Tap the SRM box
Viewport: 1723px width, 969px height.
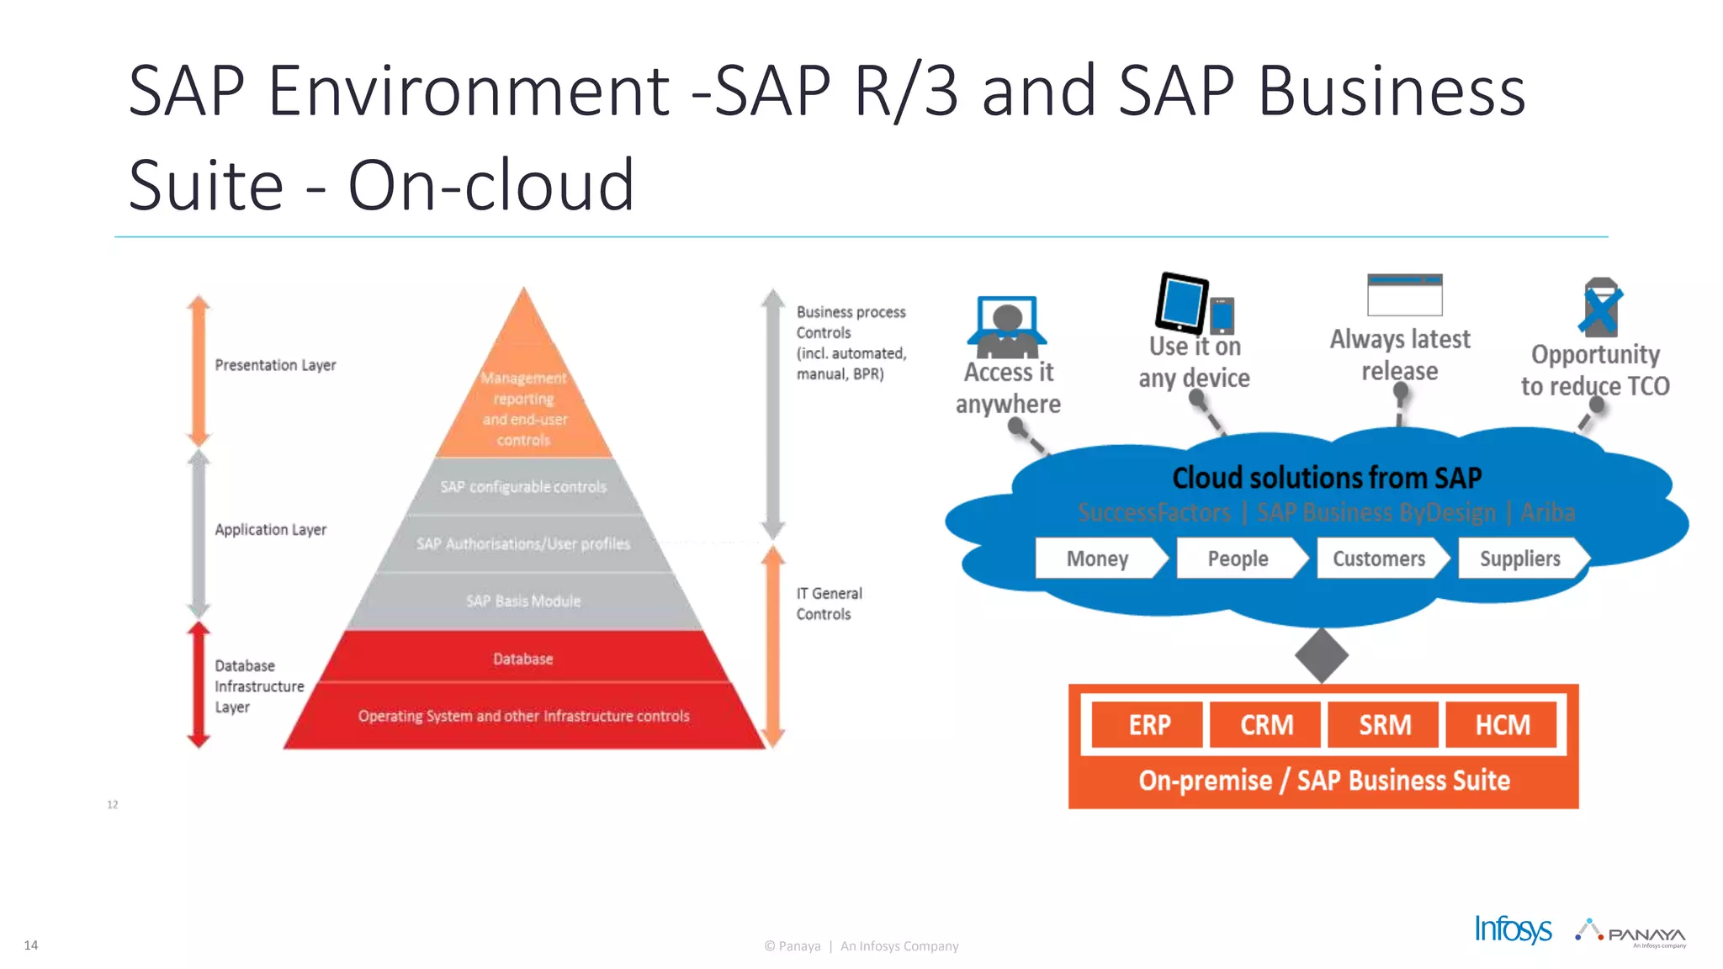pyautogui.click(x=1384, y=724)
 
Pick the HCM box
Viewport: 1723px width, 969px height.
pyautogui.click(x=1502, y=724)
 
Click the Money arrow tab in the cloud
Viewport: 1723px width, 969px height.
pyautogui.click(x=1097, y=559)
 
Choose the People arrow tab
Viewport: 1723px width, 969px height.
pyautogui.click(x=1238, y=559)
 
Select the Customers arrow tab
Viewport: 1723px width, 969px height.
pyautogui.click(x=1379, y=559)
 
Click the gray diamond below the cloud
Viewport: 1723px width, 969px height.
pyautogui.click(x=1322, y=655)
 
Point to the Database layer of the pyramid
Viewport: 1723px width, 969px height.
pyautogui.click(x=523, y=659)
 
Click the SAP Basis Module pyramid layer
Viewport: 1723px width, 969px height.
pyautogui.click(x=523, y=601)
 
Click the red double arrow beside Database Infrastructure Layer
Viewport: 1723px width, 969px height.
pyautogui.click(x=199, y=685)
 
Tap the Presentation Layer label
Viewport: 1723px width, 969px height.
pyautogui.click(x=275, y=365)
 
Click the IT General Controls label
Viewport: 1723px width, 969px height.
pyautogui.click(x=829, y=604)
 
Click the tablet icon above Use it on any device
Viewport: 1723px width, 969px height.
pyautogui.click(x=1182, y=302)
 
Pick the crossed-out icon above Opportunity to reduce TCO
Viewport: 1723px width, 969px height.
pyautogui.click(x=1600, y=307)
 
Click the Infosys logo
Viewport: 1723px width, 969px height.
pyautogui.click(x=1513, y=929)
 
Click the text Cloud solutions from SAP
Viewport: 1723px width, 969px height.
pyautogui.click(x=1327, y=478)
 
